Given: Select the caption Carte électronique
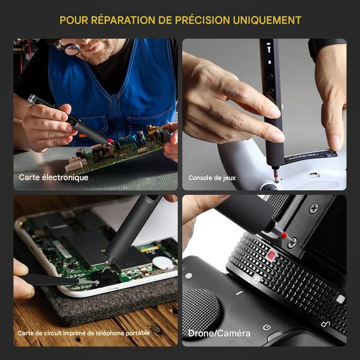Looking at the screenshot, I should click(54, 177).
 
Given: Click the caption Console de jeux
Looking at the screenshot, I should click(212, 178).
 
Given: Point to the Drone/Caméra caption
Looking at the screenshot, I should click(219, 333).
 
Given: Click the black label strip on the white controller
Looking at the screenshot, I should click(310, 157).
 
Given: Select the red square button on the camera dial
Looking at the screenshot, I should click(271, 257).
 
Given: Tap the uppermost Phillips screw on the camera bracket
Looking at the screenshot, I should click(313, 208).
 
